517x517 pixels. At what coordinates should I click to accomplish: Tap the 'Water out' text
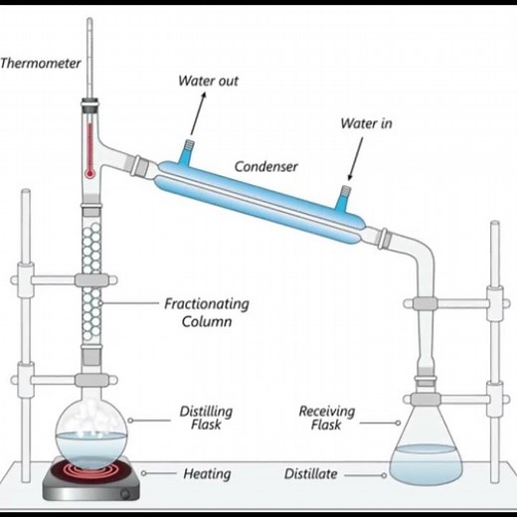[x=208, y=81]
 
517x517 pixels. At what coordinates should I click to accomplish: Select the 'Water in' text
[x=366, y=124]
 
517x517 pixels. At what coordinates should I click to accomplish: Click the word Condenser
[x=266, y=166]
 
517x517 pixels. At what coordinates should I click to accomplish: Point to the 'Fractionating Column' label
[x=206, y=312]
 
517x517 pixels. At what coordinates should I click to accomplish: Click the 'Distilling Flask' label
[x=207, y=419]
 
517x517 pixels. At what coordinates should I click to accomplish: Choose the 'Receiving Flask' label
[x=326, y=419]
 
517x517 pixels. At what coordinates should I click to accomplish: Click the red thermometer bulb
[x=89, y=171]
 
